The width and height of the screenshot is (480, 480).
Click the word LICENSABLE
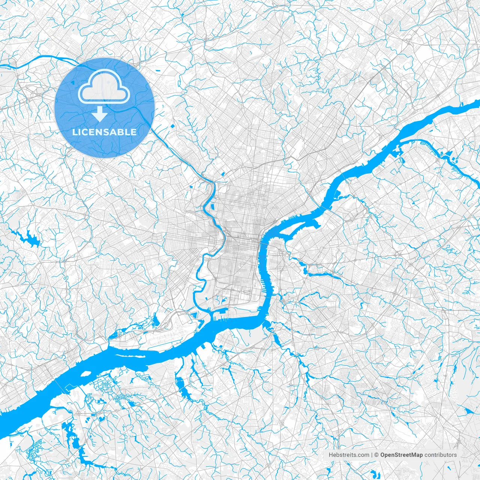pyautogui.click(x=104, y=132)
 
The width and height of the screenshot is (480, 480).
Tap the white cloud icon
pyautogui.click(x=102, y=88)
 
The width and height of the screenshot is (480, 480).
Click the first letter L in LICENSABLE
pyautogui.click(x=75, y=132)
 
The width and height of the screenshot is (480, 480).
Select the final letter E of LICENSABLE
pyautogui.click(x=134, y=132)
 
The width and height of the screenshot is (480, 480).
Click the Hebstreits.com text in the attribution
pyautogui.click(x=349, y=455)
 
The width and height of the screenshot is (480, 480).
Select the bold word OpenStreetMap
pyautogui.click(x=401, y=455)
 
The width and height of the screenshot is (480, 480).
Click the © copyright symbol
pyautogui.click(x=376, y=455)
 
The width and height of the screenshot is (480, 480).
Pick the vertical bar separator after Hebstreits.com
pyautogui.click(x=372, y=455)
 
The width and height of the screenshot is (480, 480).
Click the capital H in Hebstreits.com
pyautogui.click(x=331, y=455)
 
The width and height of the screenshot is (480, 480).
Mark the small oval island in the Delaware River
pyautogui.click(x=86, y=374)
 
